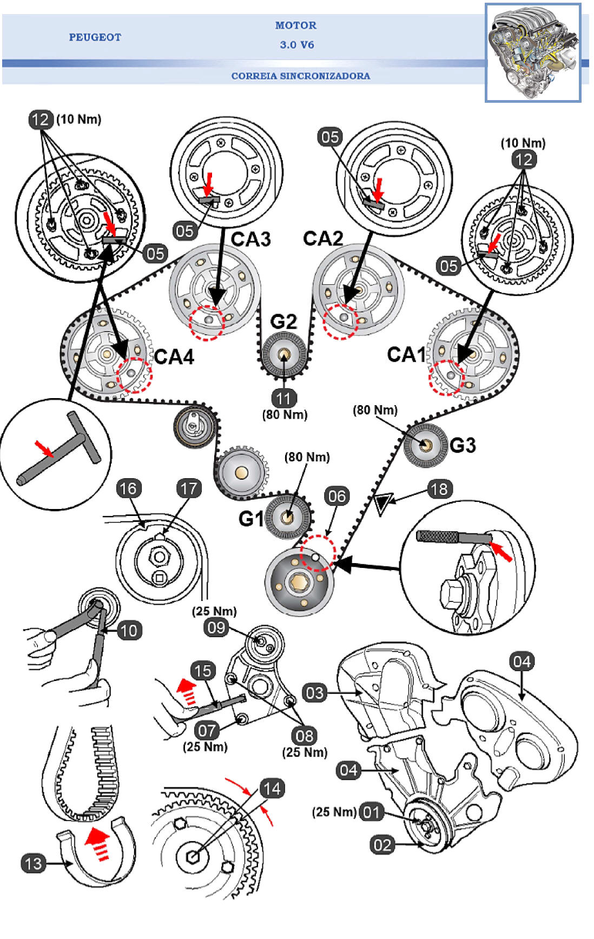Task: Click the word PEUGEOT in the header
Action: tap(95, 37)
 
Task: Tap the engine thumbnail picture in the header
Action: tap(533, 52)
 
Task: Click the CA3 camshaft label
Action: tap(250, 239)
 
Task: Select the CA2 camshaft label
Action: tap(323, 239)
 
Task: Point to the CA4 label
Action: tap(174, 357)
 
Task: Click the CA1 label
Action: tap(407, 355)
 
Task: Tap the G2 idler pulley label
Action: tap(283, 322)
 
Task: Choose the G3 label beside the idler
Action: tap(463, 445)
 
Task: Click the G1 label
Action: tap(251, 519)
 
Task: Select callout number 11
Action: tap(284, 399)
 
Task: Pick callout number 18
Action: tap(439, 489)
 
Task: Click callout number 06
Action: tap(336, 496)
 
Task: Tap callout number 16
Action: tap(128, 488)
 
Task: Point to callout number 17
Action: tap(189, 488)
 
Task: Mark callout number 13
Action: tap(33, 863)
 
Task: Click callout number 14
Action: tap(272, 788)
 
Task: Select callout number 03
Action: tap(314, 693)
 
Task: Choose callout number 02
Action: tap(382, 845)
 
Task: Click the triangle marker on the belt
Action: tap(382, 504)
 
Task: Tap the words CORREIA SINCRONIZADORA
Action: tap(301, 76)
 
